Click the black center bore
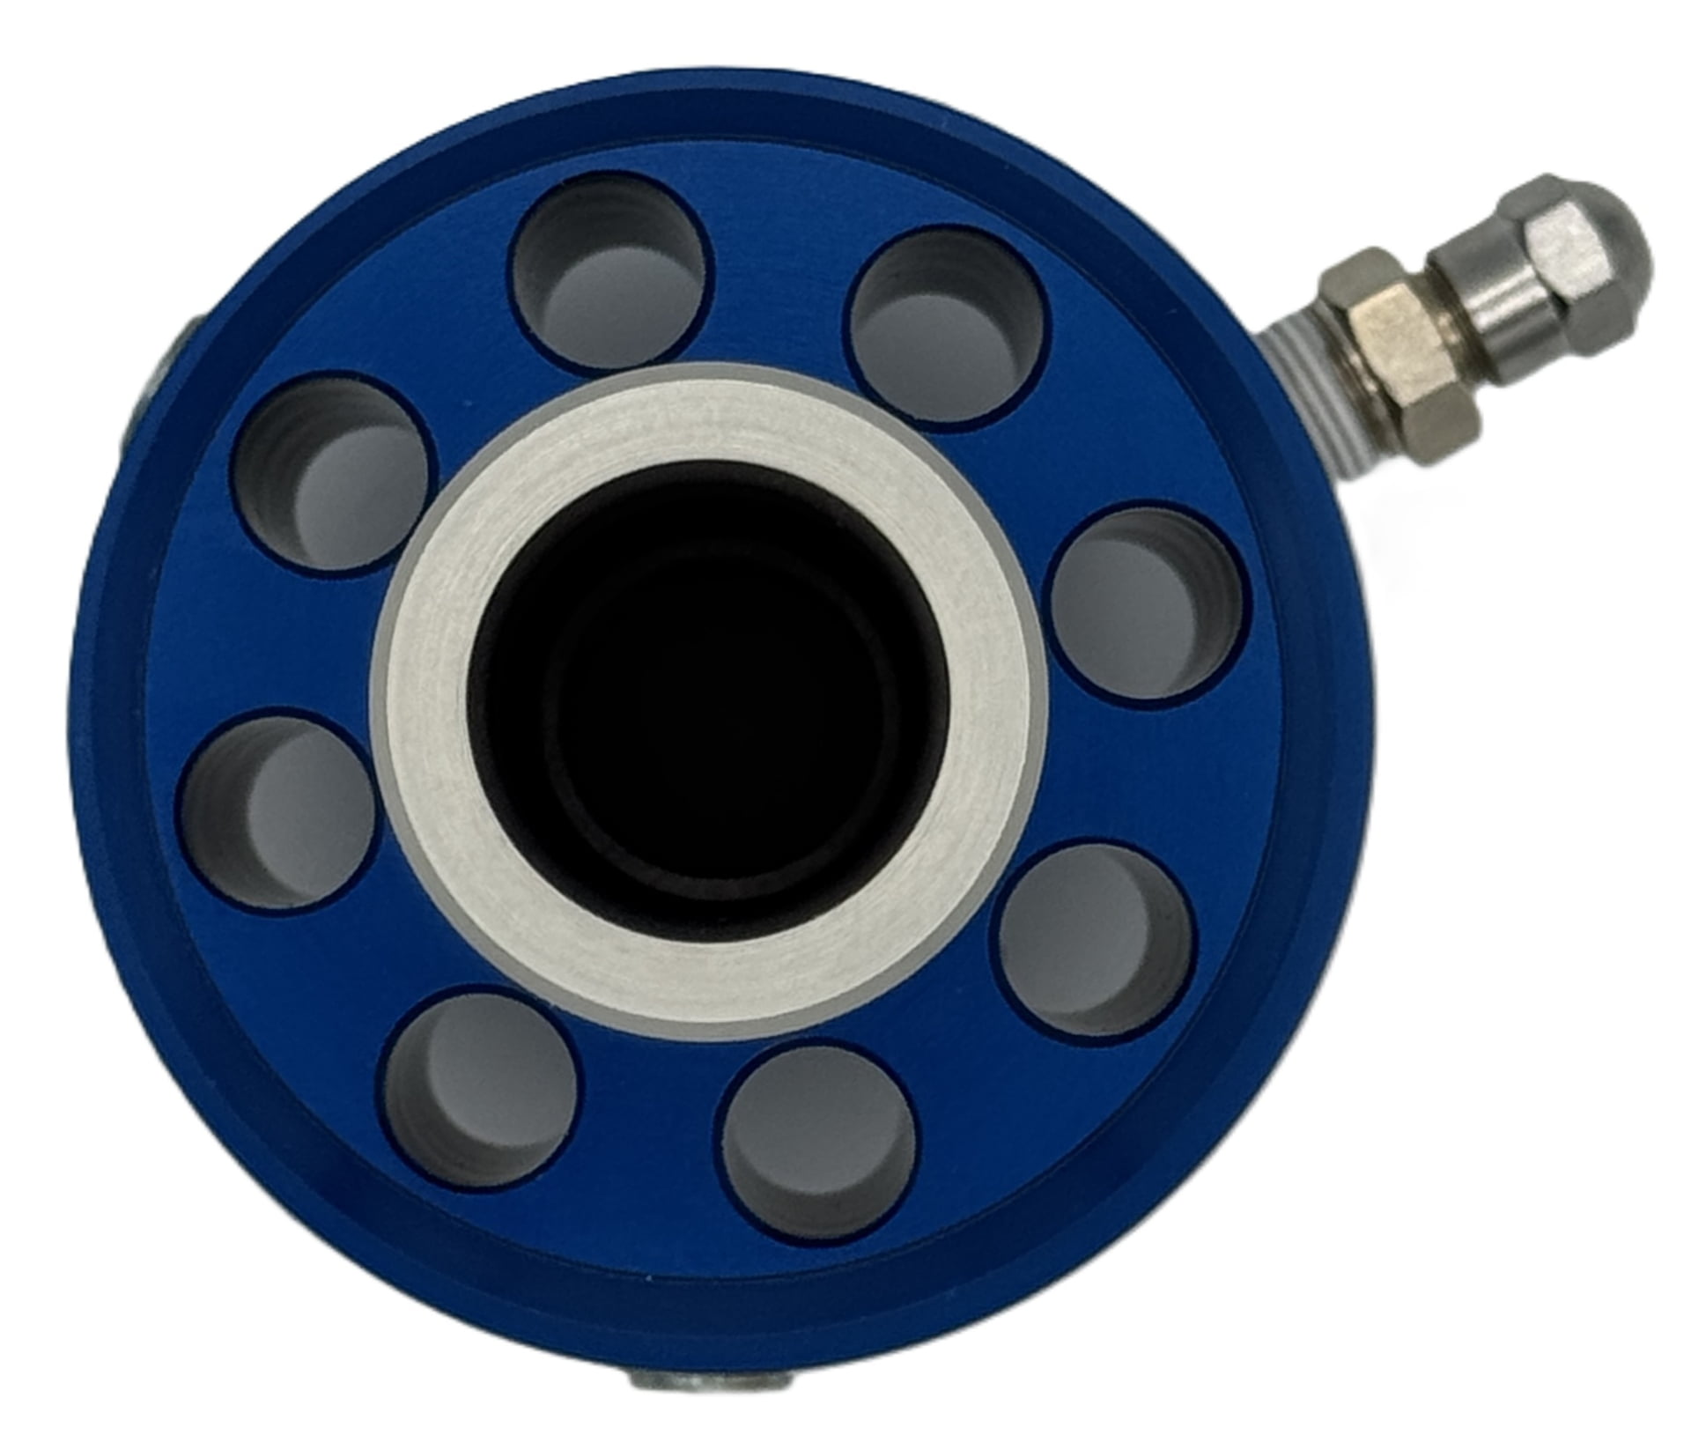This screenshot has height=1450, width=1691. (705, 696)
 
